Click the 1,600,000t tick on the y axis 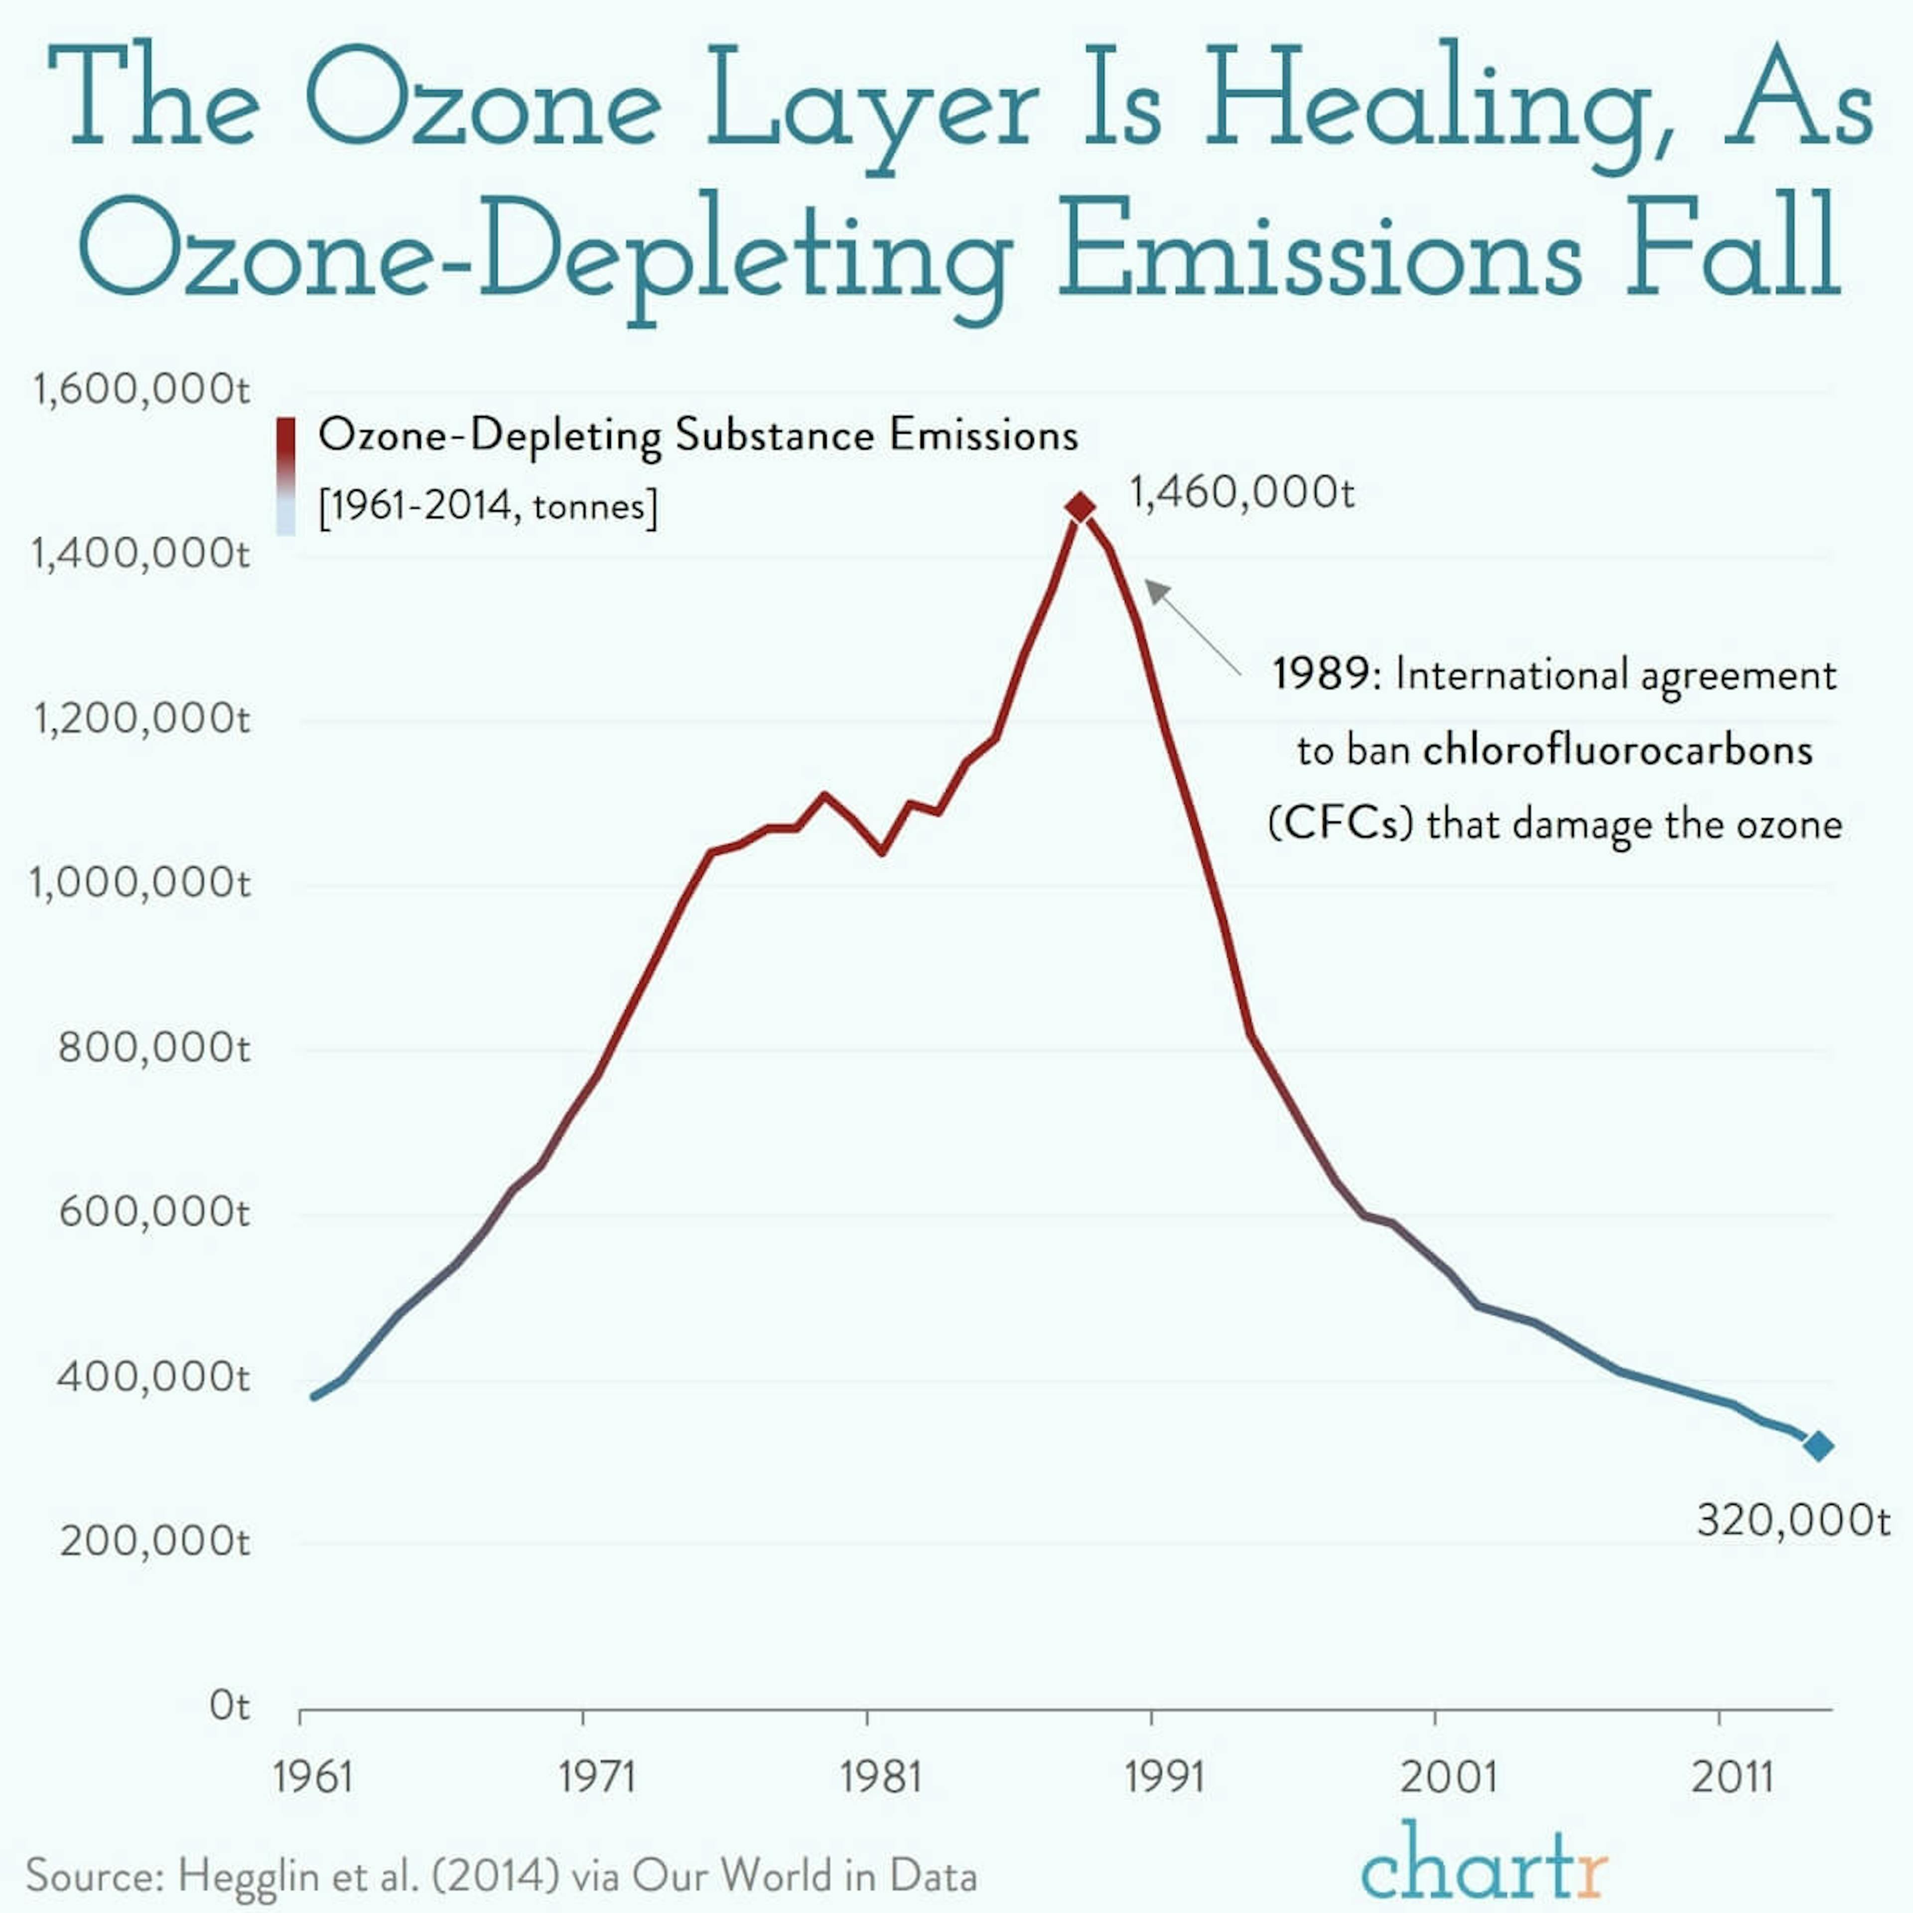(140, 389)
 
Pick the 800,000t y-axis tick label (153, 1047)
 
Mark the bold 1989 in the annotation (1320, 675)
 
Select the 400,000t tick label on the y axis (153, 1376)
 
